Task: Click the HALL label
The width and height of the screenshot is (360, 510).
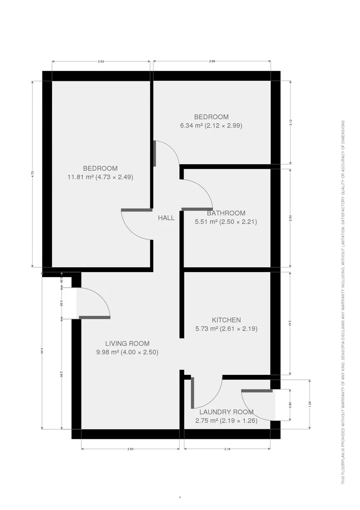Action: pos(166,218)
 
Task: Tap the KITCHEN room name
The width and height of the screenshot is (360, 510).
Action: pos(226,320)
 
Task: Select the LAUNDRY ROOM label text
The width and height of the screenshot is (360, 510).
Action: pos(226,412)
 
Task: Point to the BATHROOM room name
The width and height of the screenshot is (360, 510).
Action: pos(226,213)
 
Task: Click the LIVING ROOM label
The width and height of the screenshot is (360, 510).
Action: pos(127,343)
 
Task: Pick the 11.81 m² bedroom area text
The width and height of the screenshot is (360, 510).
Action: pos(100,177)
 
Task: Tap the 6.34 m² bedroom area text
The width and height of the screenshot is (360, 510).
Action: pos(211,126)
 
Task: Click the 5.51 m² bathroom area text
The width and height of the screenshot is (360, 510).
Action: pos(226,221)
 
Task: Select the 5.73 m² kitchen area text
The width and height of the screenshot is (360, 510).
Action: pos(226,329)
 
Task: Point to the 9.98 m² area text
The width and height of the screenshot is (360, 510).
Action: pos(127,352)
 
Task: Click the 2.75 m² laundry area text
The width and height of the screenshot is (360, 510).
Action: pos(226,420)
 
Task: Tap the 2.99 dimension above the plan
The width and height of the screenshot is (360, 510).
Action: pos(212,61)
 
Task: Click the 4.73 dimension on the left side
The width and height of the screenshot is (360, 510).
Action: pos(33,173)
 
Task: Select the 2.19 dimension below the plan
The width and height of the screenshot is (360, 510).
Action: pos(227,449)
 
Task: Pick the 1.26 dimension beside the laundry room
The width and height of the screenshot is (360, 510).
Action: pos(310,404)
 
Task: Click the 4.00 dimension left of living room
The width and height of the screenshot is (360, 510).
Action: pos(42,350)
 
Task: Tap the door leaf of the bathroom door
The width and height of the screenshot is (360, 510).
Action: pos(197,209)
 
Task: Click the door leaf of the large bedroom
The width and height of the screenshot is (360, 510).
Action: pos(136,210)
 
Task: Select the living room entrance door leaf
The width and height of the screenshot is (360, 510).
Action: pos(94,317)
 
